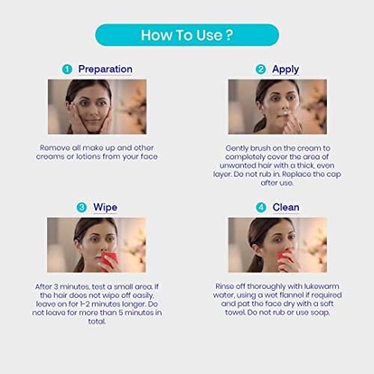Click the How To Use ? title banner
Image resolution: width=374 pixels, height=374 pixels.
186,35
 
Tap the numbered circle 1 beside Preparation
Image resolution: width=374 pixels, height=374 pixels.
68,70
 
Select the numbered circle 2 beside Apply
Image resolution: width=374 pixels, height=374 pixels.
260,70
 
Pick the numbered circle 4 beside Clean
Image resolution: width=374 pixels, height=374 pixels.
260,207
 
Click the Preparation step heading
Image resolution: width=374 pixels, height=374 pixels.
105,70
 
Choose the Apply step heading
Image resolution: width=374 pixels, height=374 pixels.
286,70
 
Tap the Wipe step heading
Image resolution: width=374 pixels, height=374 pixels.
105,206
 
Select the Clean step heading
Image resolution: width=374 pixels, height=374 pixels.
286,207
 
